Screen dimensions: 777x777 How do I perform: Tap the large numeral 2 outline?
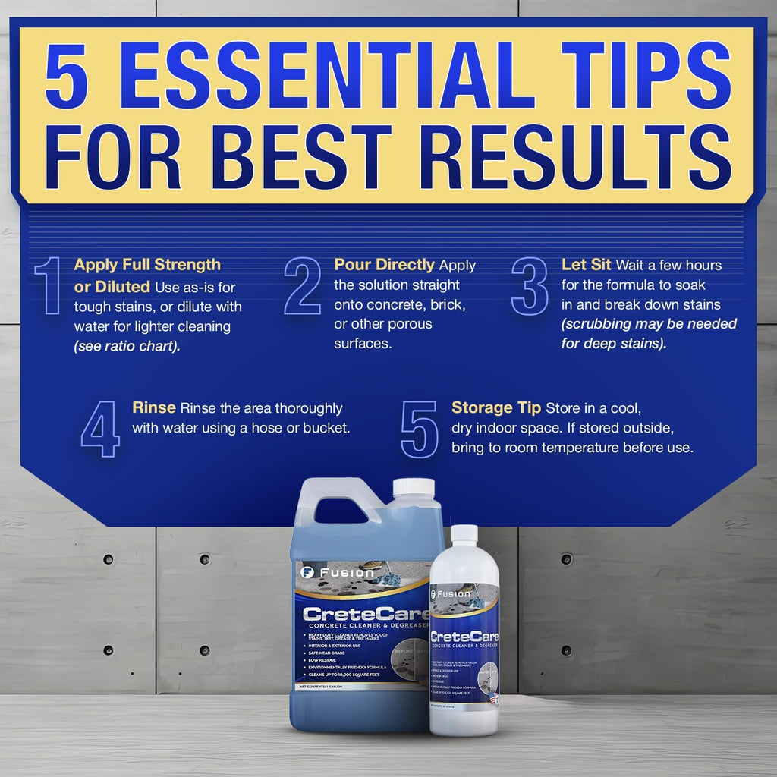pyautogui.click(x=302, y=285)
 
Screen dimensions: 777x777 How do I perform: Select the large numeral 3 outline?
pyautogui.click(x=530, y=285)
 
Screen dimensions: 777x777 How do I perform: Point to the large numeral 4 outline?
pyautogui.click(x=100, y=429)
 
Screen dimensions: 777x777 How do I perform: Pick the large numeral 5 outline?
pyautogui.click(x=419, y=429)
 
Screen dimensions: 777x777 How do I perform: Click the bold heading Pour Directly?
pyautogui.click(x=385, y=265)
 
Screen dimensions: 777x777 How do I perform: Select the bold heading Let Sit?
pyautogui.click(x=587, y=265)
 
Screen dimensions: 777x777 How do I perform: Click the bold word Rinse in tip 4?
pyautogui.click(x=154, y=407)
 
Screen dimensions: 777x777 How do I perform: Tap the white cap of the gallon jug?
pyautogui.click(x=414, y=489)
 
